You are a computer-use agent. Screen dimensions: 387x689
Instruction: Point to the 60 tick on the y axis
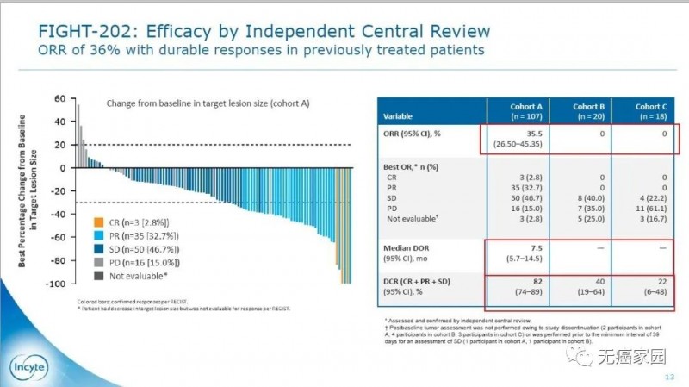pos(59,98)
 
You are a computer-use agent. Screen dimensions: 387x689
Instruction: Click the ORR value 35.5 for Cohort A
pos(515,134)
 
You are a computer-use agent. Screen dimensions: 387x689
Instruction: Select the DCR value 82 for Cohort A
pos(515,281)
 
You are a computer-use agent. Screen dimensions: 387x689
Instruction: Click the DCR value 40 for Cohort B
pos(585,281)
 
